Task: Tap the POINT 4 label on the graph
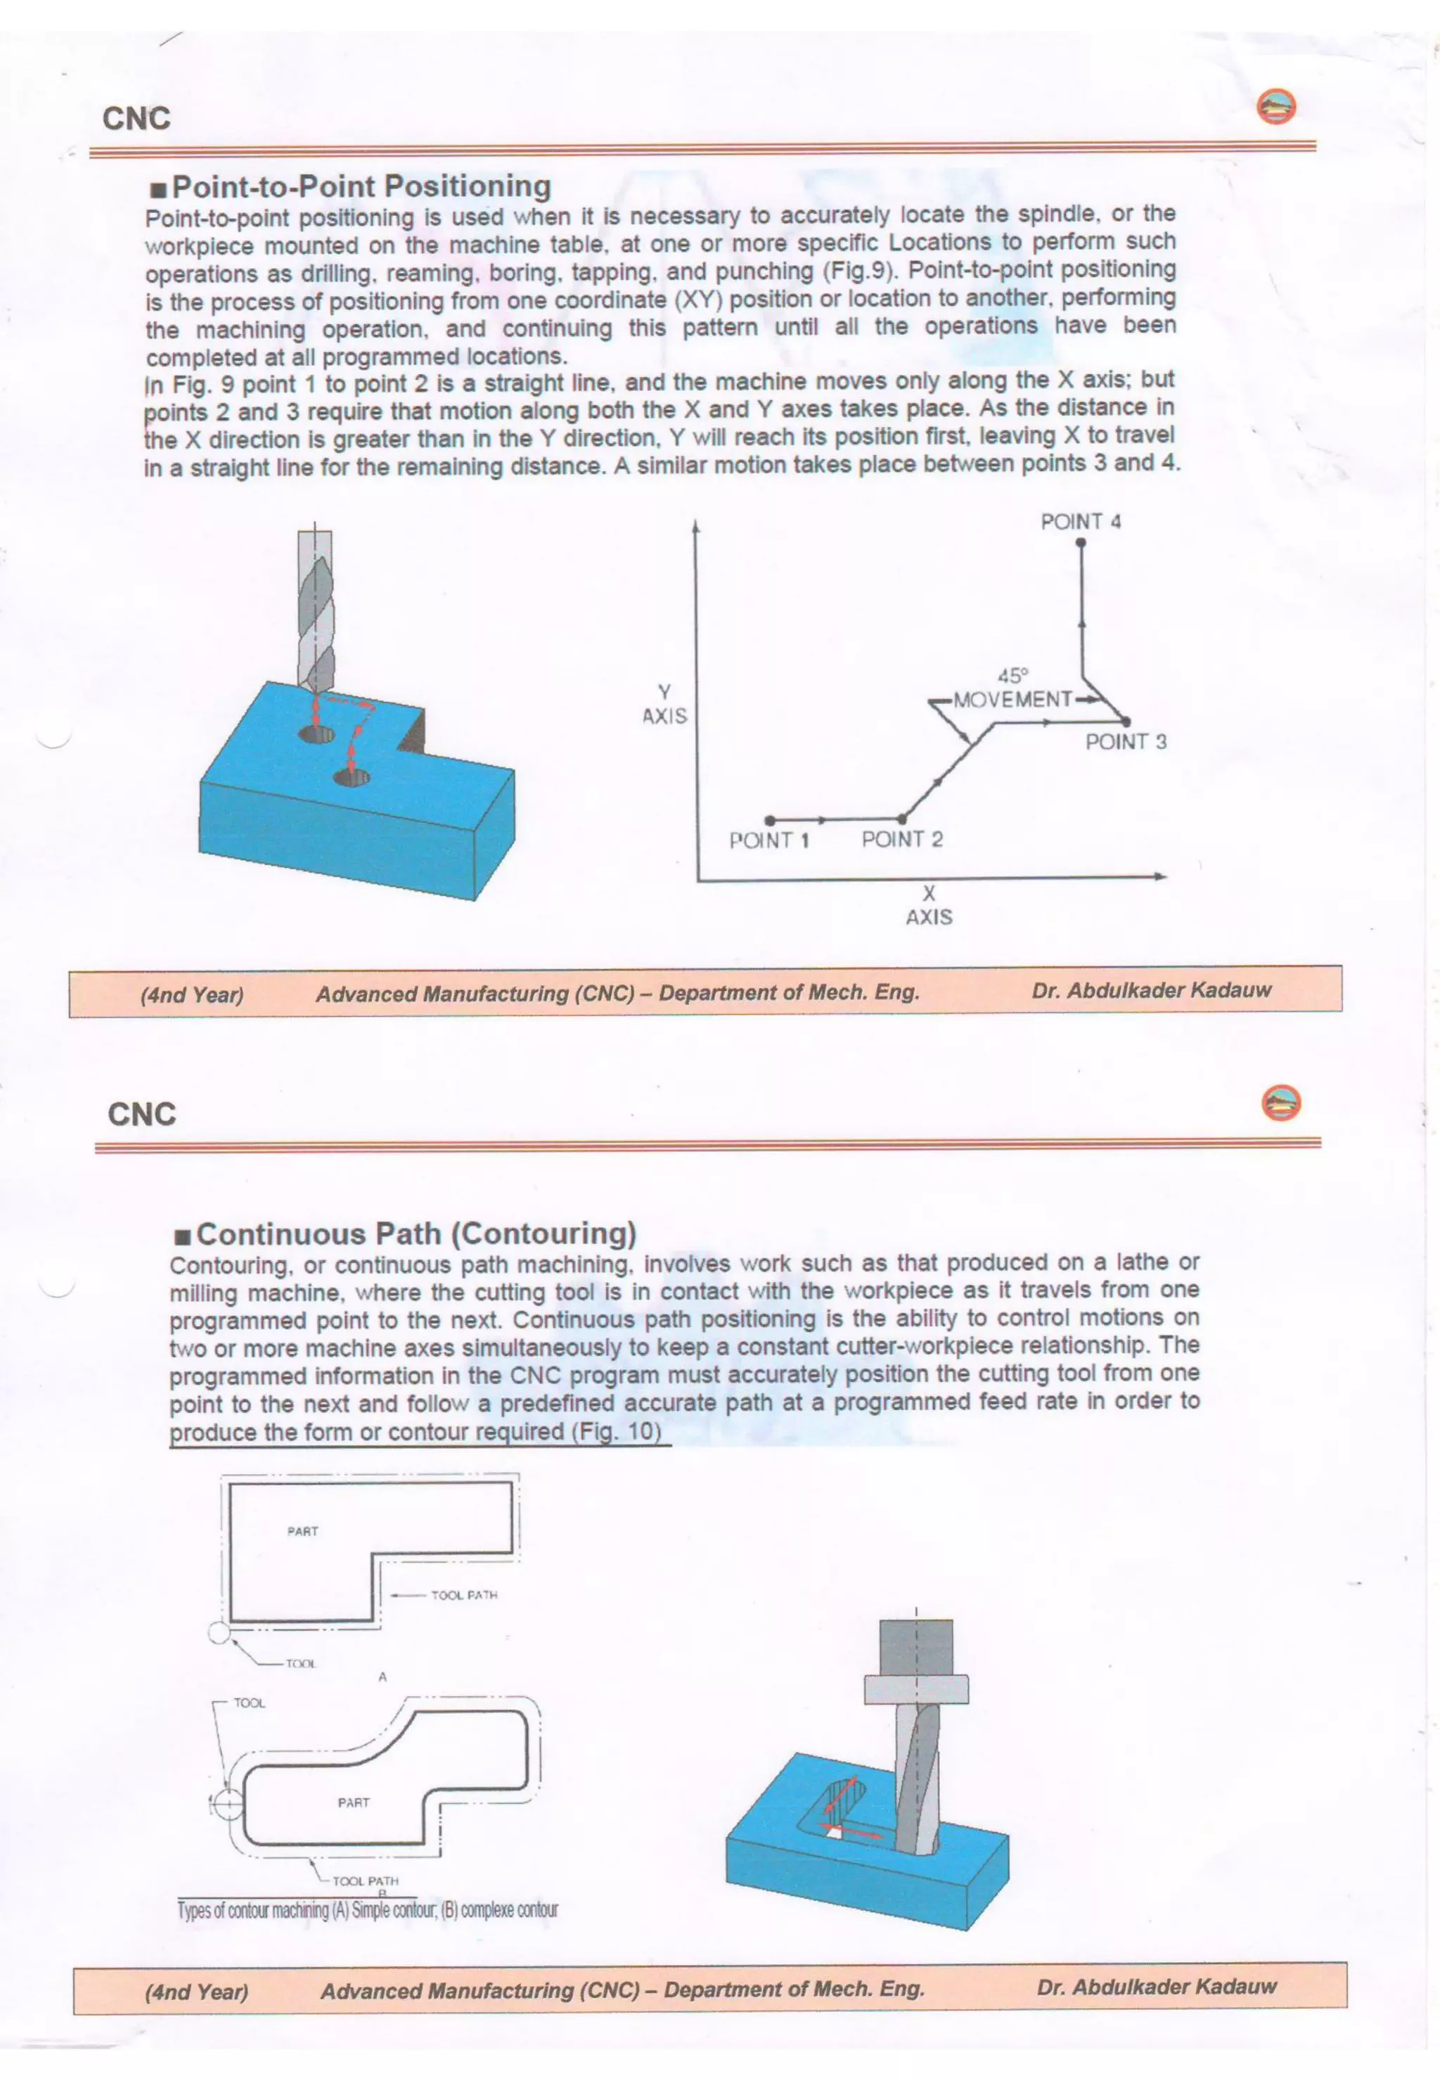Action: [1080, 522]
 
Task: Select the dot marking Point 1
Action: [769, 820]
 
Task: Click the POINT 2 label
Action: [901, 839]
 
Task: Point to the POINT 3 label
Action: [1125, 742]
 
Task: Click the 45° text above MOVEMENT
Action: [1012, 676]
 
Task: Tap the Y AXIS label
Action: [664, 704]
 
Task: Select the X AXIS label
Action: [928, 905]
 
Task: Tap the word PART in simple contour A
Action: [302, 1532]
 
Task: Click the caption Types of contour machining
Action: [367, 1909]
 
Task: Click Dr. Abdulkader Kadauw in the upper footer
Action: [1150, 990]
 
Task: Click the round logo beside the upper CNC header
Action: [1275, 108]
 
